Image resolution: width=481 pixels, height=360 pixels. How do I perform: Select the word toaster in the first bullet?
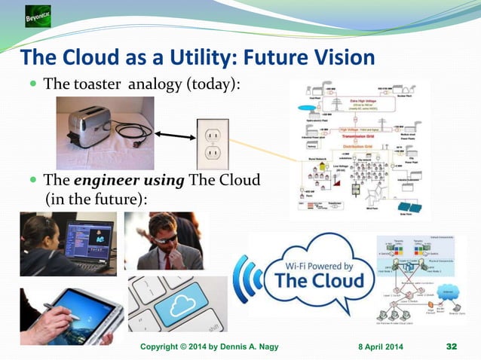[x=103, y=83]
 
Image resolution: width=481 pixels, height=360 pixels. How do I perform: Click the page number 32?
[x=452, y=346]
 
